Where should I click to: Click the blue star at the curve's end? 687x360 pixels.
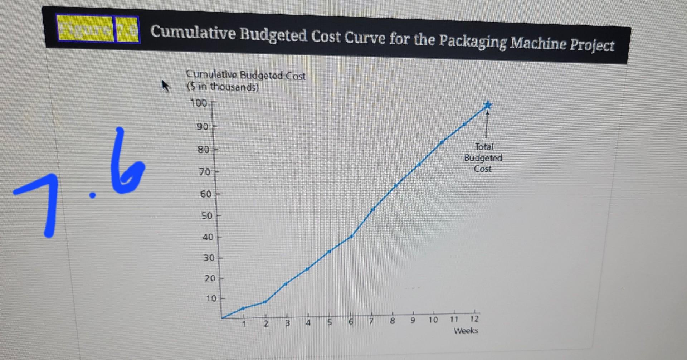(x=487, y=105)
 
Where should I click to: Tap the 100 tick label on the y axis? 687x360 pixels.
(x=199, y=103)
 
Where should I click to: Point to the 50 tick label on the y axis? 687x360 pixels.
(x=207, y=216)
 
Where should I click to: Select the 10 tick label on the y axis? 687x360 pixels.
(x=211, y=298)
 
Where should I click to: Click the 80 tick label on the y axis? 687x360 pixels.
(x=203, y=149)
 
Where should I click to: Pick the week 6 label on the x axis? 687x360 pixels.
(x=351, y=322)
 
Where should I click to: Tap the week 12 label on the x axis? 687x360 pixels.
(x=474, y=319)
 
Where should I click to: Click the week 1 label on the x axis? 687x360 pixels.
(x=244, y=324)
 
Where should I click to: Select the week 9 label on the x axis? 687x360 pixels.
(x=413, y=320)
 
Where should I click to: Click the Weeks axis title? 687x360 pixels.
(x=466, y=330)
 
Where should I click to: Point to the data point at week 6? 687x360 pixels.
(x=352, y=236)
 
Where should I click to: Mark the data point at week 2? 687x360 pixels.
(x=265, y=302)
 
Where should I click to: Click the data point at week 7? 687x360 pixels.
(x=373, y=209)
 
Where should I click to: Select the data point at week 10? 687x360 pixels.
(x=442, y=142)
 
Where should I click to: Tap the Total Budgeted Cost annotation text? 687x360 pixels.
(x=483, y=158)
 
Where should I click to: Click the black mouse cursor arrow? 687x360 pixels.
(x=165, y=86)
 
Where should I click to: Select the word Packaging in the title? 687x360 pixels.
(x=472, y=42)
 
